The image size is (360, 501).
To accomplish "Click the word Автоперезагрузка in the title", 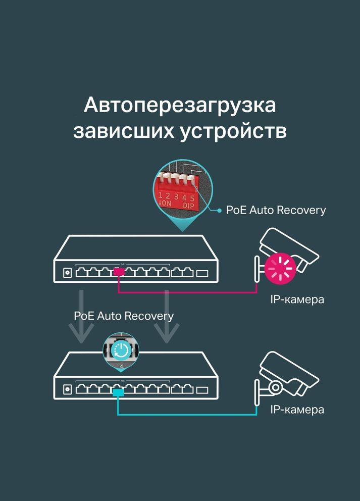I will (x=180, y=106).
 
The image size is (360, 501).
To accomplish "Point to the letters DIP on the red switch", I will (x=188, y=205).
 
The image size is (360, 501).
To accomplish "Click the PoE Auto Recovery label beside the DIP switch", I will (x=276, y=210).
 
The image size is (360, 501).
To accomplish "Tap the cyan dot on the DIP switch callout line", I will (x=219, y=210).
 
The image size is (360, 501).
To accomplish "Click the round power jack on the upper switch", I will (x=67, y=273).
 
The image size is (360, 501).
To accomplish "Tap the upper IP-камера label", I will (x=297, y=299).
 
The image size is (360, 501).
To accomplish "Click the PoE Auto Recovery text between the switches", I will (x=124, y=316).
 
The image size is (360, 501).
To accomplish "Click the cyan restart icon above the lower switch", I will (x=121, y=349).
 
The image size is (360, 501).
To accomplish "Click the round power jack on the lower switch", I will (x=67, y=389).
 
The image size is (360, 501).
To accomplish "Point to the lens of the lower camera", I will (x=275, y=387).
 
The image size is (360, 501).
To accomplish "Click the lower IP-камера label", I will (x=297, y=410).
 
